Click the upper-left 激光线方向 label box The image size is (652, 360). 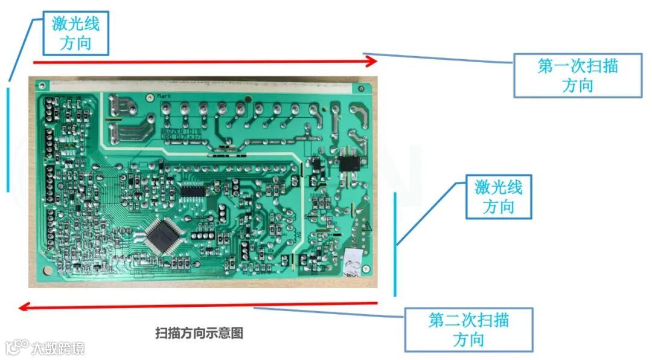(76, 33)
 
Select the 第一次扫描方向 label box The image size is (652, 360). (577, 75)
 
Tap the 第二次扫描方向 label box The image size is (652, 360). (468, 329)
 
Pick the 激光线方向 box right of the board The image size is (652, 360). (498, 197)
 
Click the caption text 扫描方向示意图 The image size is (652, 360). (199, 333)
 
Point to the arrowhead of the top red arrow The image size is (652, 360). (371, 61)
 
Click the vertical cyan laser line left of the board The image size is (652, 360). (8, 140)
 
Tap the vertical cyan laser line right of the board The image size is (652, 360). (395, 244)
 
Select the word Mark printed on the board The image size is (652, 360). (164, 96)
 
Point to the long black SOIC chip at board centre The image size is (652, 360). (194, 191)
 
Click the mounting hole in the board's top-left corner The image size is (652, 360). (43, 86)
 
